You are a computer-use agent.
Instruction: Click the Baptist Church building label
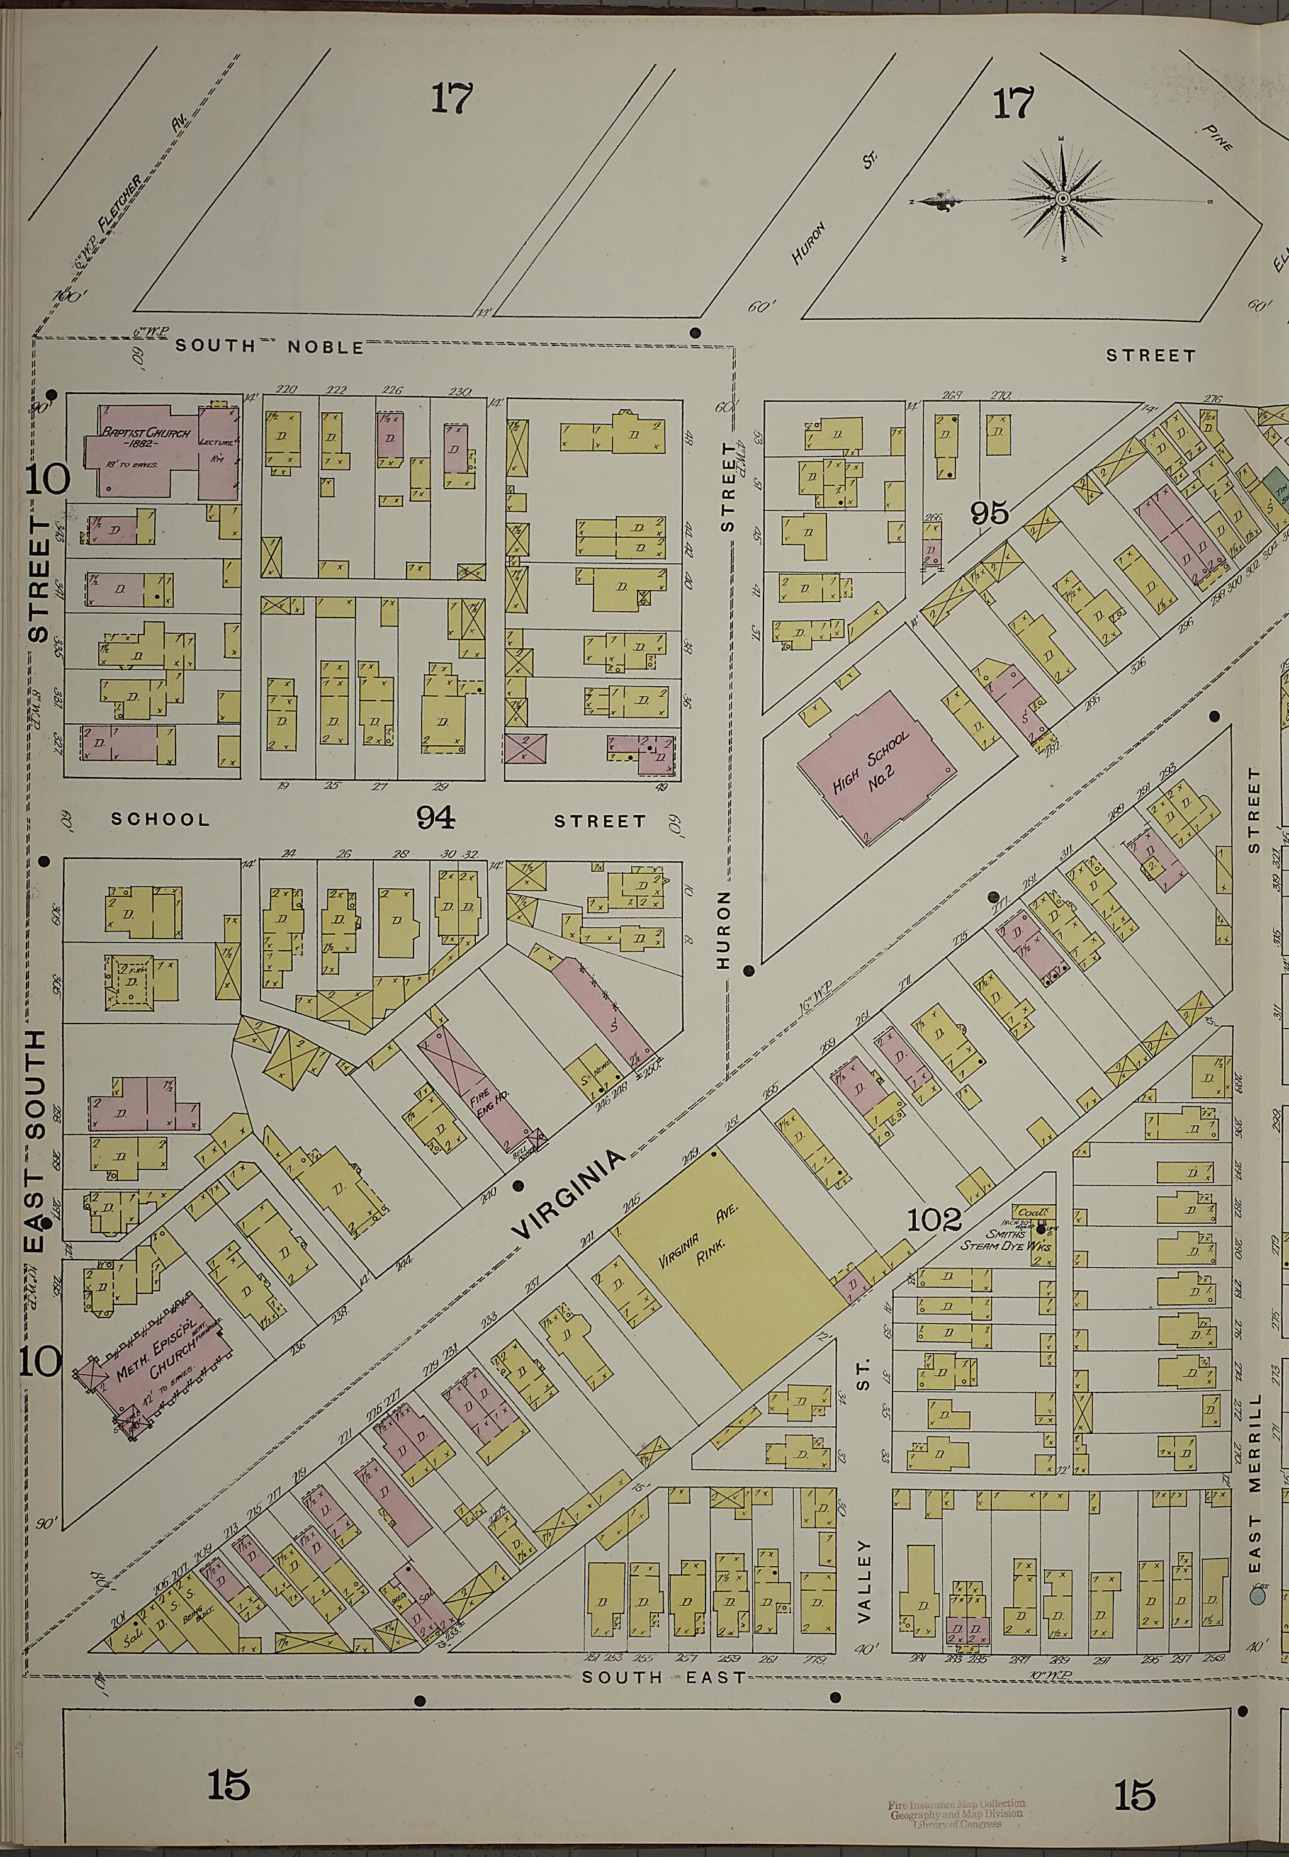(145, 439)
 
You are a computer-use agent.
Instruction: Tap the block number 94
(436, 819)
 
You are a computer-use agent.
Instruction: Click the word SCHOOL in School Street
(160, 819)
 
